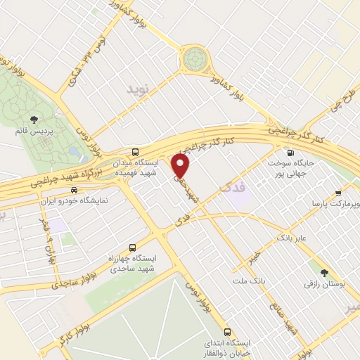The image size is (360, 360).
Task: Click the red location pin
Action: pyautogui.click(x=181, y=166)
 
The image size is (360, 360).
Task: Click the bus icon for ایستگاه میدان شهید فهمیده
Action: pyautogui.click(x=135, y=152)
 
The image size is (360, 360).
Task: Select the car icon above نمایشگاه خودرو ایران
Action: pyautogui.click(x=74, y=189)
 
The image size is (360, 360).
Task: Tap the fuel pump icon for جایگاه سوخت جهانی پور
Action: pyautogui.click(x=289, y=152)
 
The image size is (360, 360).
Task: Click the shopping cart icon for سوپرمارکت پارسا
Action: pyautogui.click(x=339, y=192)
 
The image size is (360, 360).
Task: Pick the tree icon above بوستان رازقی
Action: pyautogui.click(x=324, y=273)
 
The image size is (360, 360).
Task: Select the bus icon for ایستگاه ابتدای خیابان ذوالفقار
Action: pyautogui.click(x=226, y=332)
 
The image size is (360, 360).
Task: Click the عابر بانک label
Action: pyautogui.click(x=293, y=238)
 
